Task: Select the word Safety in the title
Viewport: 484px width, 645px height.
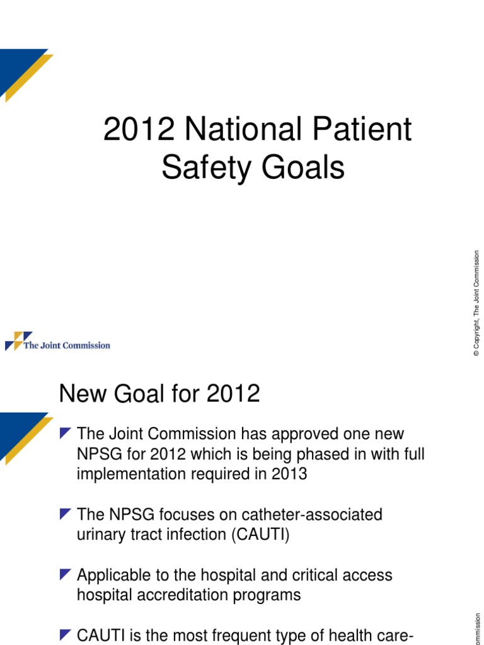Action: pyautogui.click(x=201, y=168)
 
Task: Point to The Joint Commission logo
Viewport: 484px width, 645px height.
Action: pyautogui.click(x=57, y=342)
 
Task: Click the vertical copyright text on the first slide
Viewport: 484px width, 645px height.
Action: pyautogui.click(x=477, y=304)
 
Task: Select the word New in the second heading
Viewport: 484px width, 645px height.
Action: pyautogui.click(x=81, y=394)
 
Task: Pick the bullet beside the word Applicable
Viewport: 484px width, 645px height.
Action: pyautogui.click(x=65, y=574)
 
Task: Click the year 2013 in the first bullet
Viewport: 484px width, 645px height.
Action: pyautogui.click(x=289, y=474)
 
